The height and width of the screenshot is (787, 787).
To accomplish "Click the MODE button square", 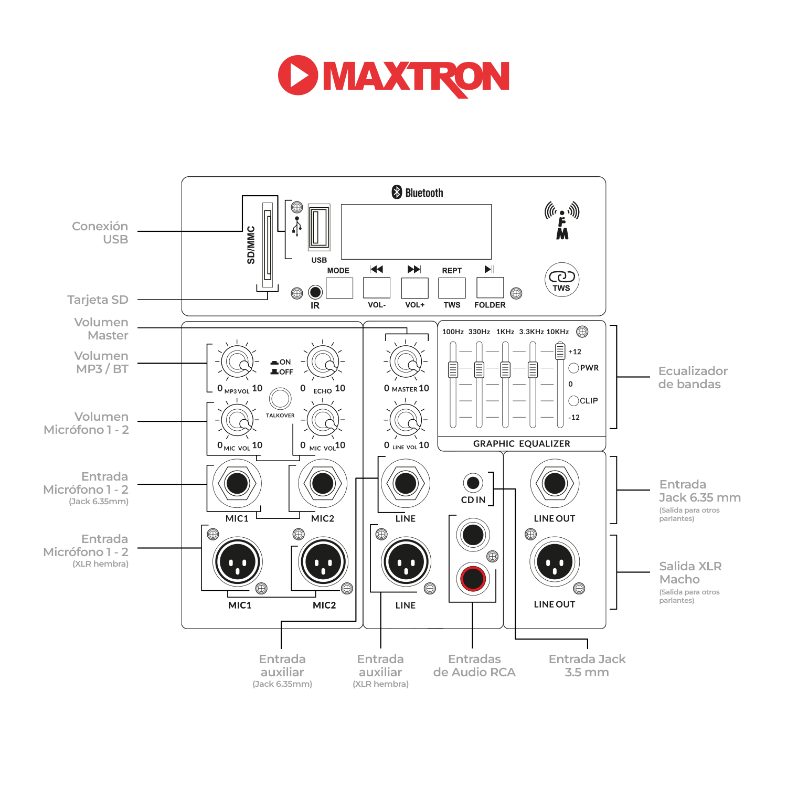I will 339,288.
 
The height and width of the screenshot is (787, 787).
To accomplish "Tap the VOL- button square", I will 377,288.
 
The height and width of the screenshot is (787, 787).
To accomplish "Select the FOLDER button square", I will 490,288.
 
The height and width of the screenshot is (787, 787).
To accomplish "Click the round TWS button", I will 562,280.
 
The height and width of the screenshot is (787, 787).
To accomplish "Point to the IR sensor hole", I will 315,292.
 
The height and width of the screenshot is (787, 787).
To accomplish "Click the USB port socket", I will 319,227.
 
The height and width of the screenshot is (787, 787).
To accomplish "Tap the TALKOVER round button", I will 280,399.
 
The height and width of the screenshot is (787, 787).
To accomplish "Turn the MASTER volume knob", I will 406,361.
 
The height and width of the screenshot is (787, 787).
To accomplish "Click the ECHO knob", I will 323,361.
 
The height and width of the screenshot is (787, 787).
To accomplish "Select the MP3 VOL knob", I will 238,361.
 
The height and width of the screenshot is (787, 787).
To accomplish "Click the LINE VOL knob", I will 406,419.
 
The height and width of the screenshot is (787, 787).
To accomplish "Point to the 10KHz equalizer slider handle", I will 560,350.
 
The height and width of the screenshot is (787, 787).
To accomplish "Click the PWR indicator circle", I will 573,368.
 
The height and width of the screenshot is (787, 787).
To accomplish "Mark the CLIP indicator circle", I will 573,401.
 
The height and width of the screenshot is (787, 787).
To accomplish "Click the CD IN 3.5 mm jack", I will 473,482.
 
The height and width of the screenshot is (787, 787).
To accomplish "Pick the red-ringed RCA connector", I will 473,579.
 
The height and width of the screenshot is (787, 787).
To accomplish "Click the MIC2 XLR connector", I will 323,562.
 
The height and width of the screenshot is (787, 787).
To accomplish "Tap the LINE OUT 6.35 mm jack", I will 555,483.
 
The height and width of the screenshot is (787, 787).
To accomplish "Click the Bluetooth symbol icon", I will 397,192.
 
